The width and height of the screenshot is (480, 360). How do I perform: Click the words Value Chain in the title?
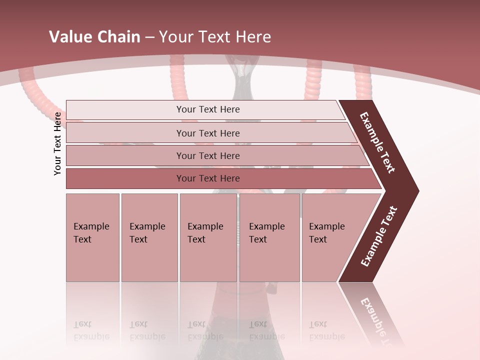pos(94,37)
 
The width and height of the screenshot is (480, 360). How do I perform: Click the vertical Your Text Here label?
pos(58,143)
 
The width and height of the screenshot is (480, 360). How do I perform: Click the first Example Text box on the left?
pos(92,237)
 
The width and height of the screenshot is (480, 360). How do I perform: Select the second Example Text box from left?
pos(149,237)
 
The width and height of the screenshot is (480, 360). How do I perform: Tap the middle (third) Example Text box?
pos(208,237)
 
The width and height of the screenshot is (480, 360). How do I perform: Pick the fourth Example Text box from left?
pos(269,237)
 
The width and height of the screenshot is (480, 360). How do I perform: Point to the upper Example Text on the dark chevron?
pos(378,142)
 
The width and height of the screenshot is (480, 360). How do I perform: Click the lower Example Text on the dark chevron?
pos(379,236)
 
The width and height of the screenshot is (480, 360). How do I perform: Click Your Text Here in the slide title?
pos(215,37)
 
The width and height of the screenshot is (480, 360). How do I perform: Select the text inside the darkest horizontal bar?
pos(208,178)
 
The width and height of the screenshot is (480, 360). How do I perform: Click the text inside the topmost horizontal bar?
pos(208,109)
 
